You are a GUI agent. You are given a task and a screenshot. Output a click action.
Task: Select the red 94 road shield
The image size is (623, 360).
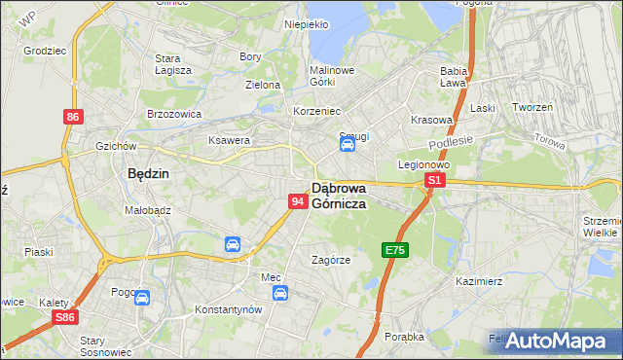click(299, 200)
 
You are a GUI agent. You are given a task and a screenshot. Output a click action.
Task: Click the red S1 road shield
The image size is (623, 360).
click(435, 180)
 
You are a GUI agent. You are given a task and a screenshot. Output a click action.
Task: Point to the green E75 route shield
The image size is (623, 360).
click(394, 250)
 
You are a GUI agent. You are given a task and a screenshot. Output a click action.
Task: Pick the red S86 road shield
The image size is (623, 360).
click(65, 317)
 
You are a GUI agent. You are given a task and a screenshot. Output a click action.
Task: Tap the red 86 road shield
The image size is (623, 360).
click(73, 117)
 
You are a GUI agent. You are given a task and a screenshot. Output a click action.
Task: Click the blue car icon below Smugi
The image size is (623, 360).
click(347, 146)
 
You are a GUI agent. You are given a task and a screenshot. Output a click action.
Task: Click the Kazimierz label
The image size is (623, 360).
click(477, 281)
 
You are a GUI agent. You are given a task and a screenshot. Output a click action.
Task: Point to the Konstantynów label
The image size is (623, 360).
click(230, 308)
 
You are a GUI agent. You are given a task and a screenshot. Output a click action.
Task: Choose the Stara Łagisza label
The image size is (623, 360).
click(173, 64)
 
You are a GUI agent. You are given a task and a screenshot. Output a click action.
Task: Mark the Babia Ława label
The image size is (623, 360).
click(455, 77)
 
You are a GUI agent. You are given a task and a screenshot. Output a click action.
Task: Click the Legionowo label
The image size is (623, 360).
click(421, 164)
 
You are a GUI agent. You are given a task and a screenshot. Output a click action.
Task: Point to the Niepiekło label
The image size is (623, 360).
click(306, 24)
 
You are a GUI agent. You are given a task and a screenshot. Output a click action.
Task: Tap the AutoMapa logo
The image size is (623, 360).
click(556, 342)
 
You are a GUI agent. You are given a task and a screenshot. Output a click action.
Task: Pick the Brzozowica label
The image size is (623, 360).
click(173, 113)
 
